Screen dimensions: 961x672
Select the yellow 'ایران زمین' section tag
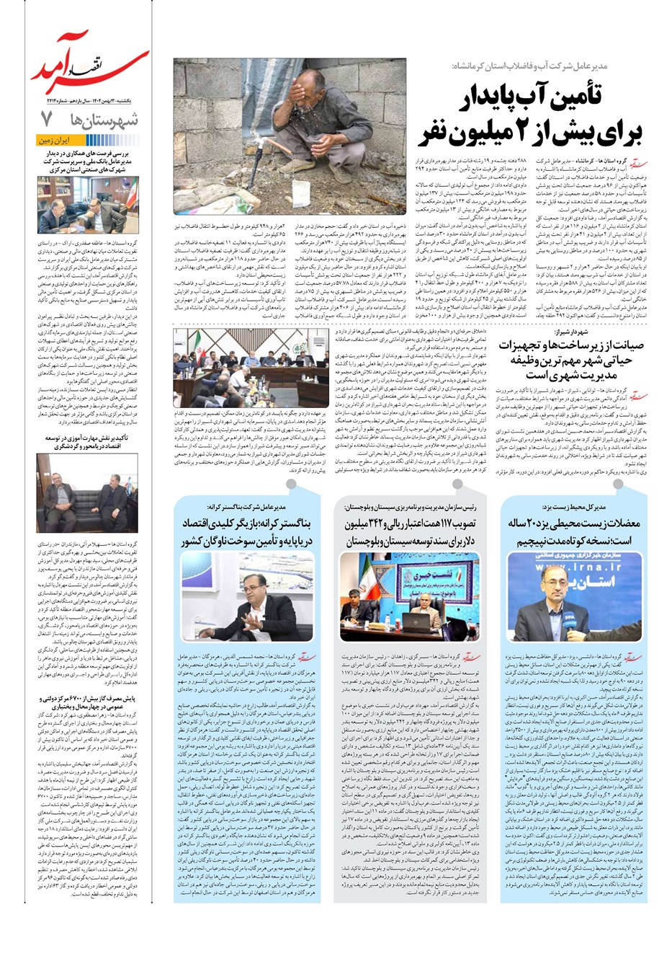point(57,141)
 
